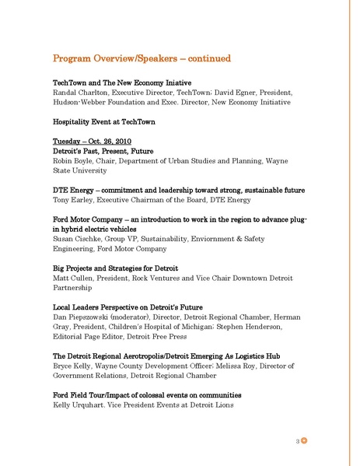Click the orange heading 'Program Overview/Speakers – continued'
pos(141,58)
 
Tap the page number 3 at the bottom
pos(298,441)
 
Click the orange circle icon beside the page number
pos(306,440)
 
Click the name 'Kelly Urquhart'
pos(79,405)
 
